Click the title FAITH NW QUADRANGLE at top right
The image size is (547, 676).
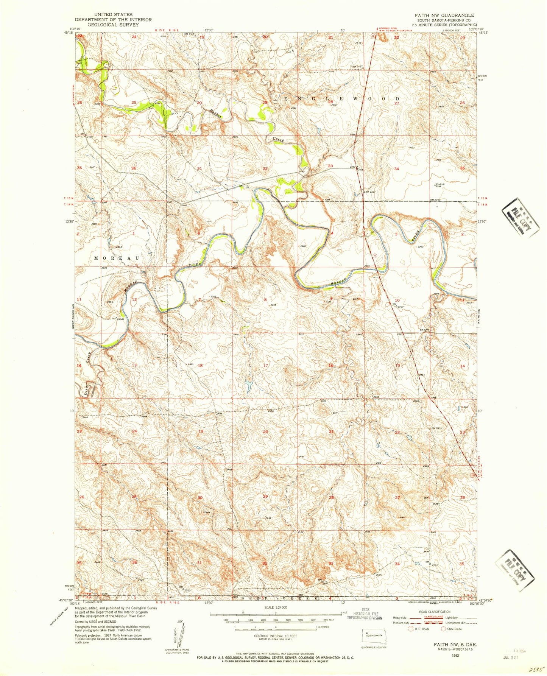pos(439,15)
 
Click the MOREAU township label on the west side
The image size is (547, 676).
pos(117,258)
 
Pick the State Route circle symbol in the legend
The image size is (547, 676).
pos(443,629)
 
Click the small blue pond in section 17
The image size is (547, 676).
pos(249,386)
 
